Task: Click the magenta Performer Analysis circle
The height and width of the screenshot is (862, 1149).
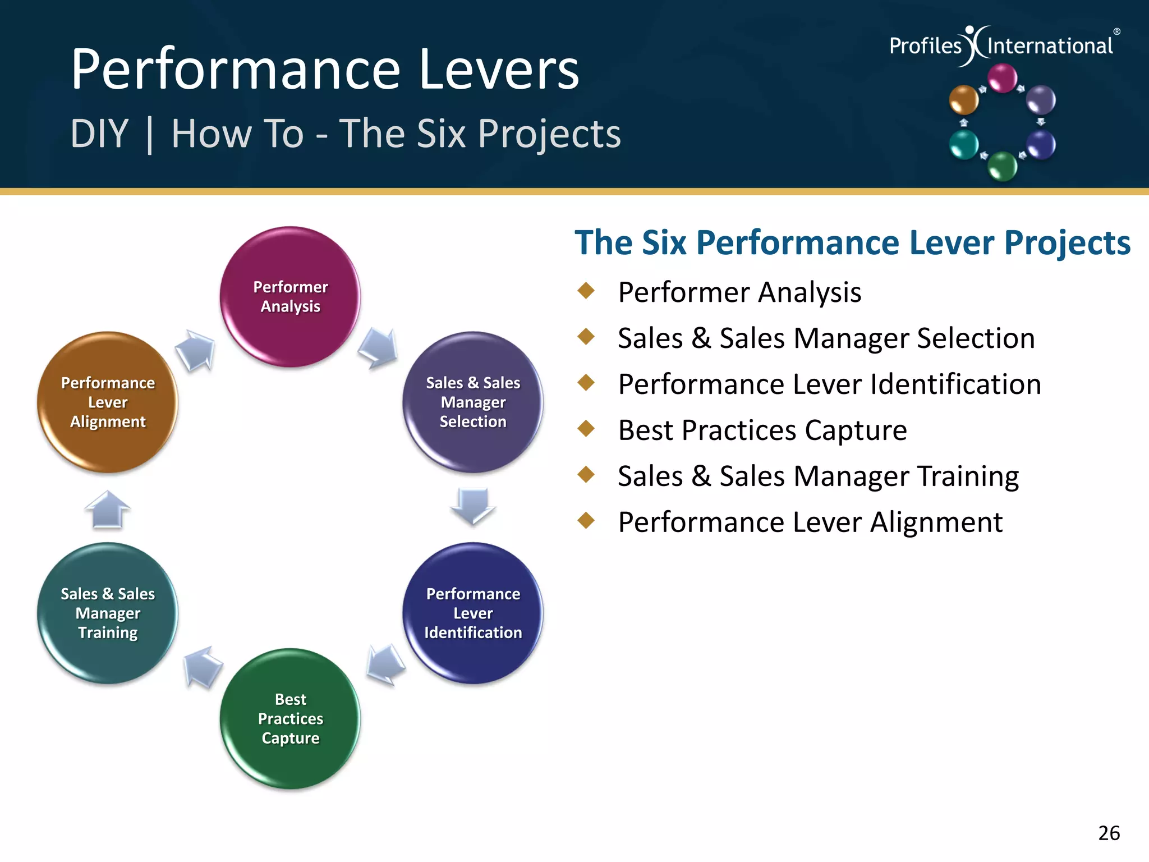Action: click(290, 297)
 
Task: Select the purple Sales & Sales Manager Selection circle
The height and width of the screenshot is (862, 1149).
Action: click(472, 402)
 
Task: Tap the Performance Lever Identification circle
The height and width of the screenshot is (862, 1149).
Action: click(472, 613)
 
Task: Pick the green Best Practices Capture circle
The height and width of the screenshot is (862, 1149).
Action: click(290, 718)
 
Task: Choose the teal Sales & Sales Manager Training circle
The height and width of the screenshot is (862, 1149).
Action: click(108, 613)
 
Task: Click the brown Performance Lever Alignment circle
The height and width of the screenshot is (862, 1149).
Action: click(108, 402)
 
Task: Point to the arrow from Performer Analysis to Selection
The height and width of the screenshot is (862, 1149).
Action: click(379, 348)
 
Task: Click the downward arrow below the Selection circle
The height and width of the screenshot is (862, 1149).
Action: click(472, 505)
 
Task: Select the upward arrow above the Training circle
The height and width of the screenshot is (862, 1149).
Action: click(108, 510)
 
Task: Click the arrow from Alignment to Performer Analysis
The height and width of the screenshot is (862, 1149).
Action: click(196, 350)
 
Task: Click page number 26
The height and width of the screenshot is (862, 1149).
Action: click(1109, 833)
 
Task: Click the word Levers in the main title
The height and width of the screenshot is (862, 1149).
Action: click(499, 70)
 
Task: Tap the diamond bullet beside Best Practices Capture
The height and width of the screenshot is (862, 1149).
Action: click(586, 429)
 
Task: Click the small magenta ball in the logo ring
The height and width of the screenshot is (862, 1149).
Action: click(1002, 78)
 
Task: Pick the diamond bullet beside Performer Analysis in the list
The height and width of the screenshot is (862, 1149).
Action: click(586, 291)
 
